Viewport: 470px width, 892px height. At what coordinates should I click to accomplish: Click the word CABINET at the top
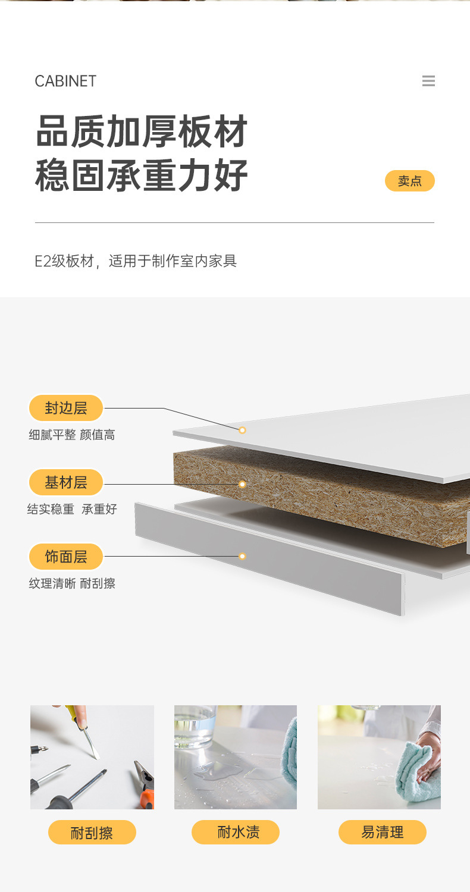click(x=65, y=81)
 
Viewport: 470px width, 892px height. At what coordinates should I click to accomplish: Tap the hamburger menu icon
click(x=428, y=81)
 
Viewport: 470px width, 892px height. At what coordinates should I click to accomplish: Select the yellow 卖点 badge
click(x=409, y=181)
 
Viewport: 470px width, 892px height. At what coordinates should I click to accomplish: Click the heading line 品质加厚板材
click(x=142, y=131)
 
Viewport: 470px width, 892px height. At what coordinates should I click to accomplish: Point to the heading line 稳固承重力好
click(x=142, y=175)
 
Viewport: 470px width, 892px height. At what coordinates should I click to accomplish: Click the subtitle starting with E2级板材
click(x=136, y=261)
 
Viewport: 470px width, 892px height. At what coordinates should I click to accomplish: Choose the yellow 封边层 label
click(x=66, y=408)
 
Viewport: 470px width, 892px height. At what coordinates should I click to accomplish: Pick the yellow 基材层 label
click(x=66, y=482)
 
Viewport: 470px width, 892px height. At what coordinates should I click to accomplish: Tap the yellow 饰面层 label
click(x=66, y=557)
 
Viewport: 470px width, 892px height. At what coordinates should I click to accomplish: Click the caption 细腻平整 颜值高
click(x=72, y=435)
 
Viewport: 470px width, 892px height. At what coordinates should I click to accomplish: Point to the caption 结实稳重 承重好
click(x=72, y=509)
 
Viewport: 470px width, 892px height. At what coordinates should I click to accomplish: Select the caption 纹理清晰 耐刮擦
click(x=72, y=583)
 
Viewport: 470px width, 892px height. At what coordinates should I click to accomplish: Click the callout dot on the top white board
click(x=242, y=430)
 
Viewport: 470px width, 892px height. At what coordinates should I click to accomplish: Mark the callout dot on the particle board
click(x=242, y=484)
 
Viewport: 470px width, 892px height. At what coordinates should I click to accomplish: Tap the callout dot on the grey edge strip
click(x=242, y=556)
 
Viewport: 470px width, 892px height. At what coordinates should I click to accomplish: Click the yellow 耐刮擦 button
click(x=92, y=833)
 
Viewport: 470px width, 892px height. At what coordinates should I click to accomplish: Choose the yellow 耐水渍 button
click(x=236, y=832)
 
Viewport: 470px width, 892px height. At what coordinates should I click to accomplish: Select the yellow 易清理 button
click(x=382, y=832)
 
